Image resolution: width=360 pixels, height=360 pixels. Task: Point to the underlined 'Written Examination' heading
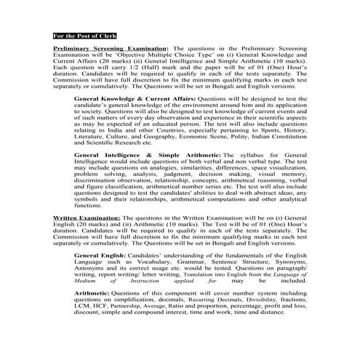(x=88, y=218)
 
